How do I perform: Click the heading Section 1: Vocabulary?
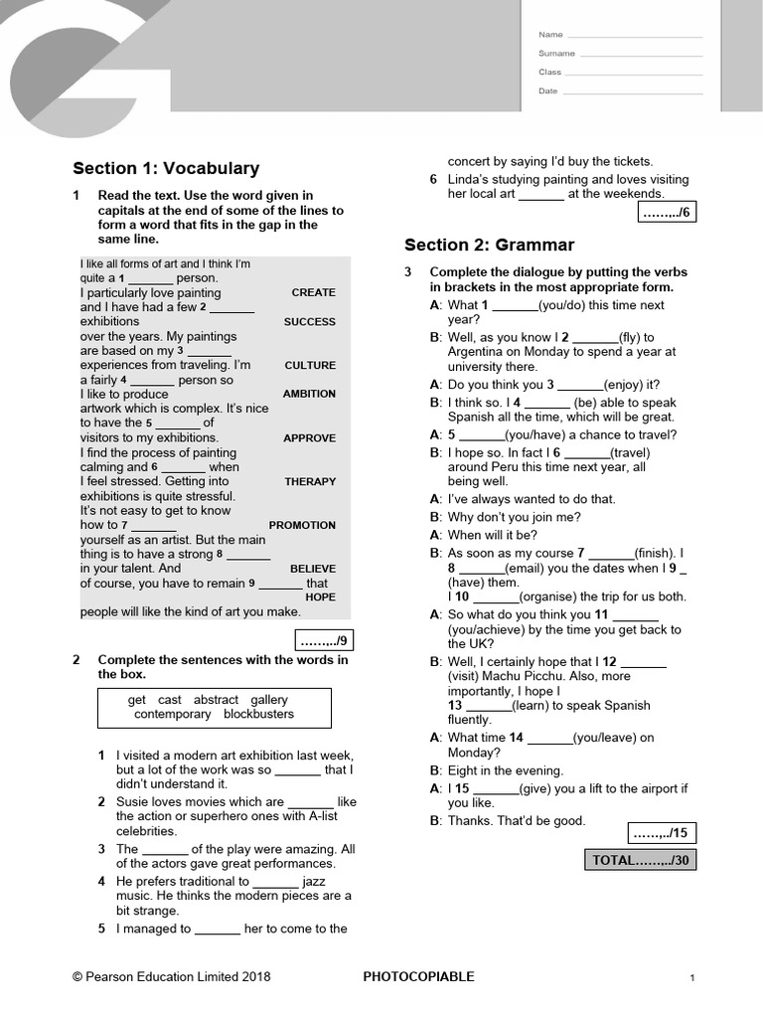[166, 168]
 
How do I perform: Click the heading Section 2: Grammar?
[489, 245]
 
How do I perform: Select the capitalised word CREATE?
[313, 292]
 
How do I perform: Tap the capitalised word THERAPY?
[310, 481]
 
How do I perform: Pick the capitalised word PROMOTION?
[302, 525]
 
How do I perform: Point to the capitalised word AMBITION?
[309, 394]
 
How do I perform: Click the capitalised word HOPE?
[321, 597]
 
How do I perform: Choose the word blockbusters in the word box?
[258, 714]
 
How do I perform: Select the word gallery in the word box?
[269, 700]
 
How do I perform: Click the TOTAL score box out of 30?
[641, 860]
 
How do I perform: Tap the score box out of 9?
[323, 639]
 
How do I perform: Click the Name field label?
[550, 35]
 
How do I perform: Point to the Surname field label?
[556, 54]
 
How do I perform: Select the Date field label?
[548, 90]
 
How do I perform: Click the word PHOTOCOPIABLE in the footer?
[419, 976]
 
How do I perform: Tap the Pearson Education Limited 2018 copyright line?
[171, 976]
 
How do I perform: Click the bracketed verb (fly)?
[636, 337]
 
